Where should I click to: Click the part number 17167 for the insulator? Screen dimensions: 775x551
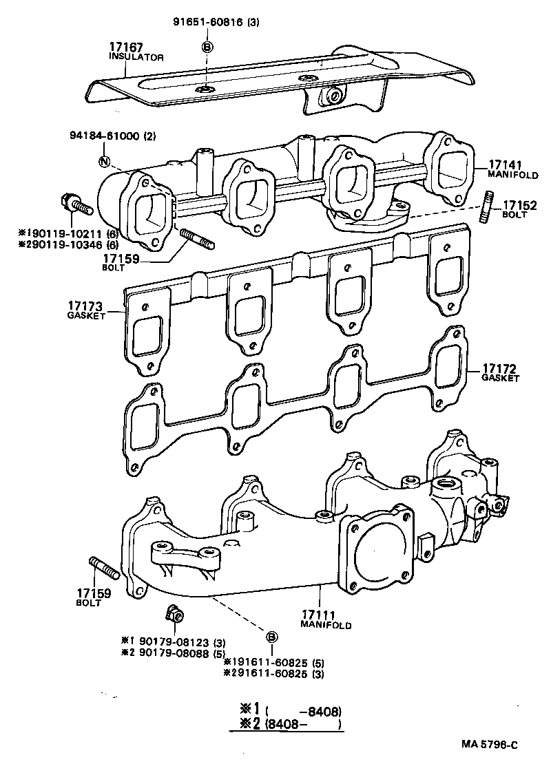tap(125, 47)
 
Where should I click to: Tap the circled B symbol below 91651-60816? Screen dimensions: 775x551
tap(207, 47)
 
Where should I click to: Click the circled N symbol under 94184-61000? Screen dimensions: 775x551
tap(104, 162)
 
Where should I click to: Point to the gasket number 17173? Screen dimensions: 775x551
tap(85, 305)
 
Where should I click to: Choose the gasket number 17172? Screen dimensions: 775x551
tap(500, 368)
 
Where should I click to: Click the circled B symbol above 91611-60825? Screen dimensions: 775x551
tap(271, 636)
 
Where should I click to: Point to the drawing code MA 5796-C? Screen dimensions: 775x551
tap(490, 745)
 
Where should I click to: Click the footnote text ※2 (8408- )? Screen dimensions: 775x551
tap(287, 724)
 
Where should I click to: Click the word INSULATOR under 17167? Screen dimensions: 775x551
tap(136, 57)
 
